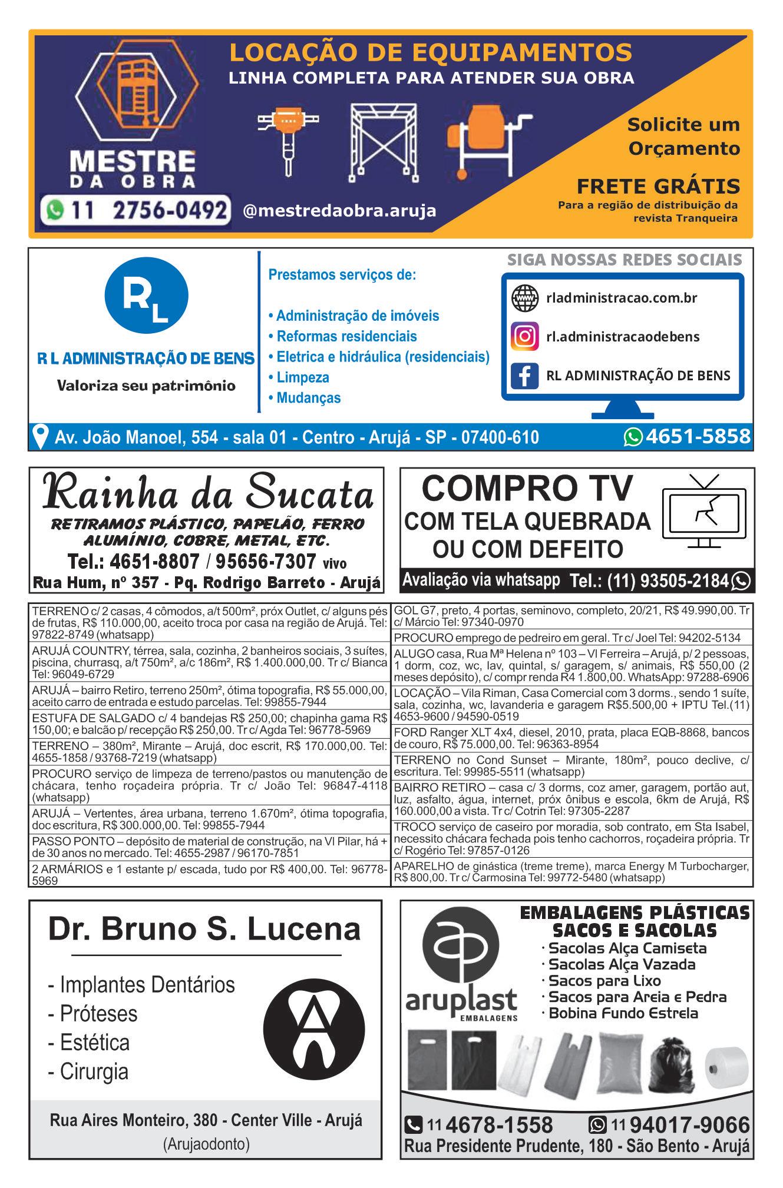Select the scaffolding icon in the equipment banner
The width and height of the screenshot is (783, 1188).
[384, 142]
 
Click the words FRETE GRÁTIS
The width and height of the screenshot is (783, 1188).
[658, 186]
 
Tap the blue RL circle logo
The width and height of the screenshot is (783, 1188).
[146, 294]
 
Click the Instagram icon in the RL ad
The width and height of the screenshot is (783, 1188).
[524, 337]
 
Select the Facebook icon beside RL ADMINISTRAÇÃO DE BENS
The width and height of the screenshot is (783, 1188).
[524, 376]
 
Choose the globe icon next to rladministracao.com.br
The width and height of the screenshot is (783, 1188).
[524, 298]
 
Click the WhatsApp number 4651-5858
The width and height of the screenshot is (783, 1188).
[698, 436]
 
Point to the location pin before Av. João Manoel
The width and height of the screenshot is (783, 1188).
[41, 437]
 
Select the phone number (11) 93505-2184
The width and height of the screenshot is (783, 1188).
[649, 581]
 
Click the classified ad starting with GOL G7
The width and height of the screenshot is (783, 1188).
[570, 616]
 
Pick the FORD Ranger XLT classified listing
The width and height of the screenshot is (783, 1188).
[570, 738]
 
